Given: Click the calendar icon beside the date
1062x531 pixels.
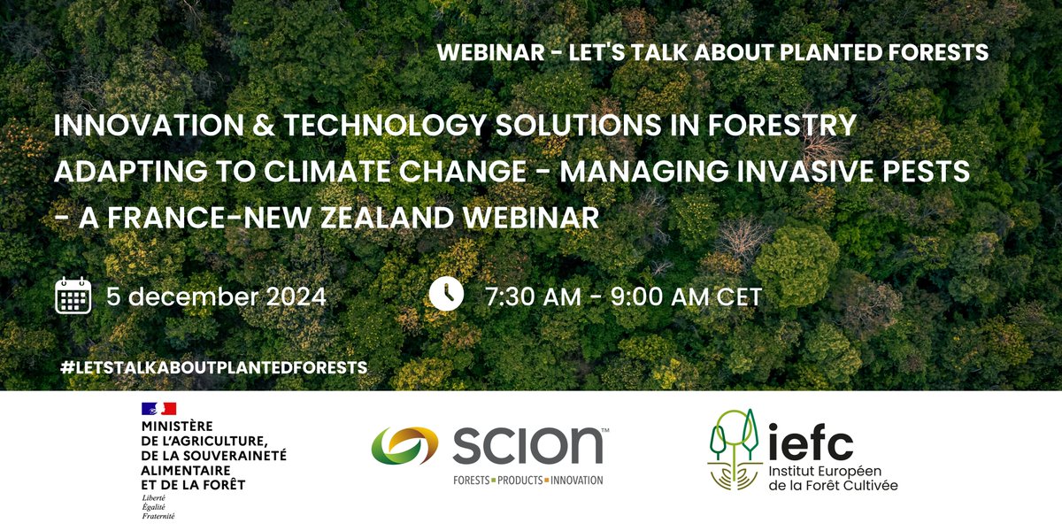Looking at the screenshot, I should (x=73, y=296).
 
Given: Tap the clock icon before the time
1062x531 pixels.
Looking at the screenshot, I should (x=446, y=295).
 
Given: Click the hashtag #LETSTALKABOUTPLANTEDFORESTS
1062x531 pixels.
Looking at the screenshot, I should (x=213, y=366).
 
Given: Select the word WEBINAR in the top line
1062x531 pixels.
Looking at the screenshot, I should (x=489, y=52).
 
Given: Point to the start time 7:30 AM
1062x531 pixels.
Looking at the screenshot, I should (x=533, y=296).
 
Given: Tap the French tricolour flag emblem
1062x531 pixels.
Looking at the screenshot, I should (x=158, y=408).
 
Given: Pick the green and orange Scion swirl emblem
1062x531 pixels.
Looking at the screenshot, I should (x=404, y=445).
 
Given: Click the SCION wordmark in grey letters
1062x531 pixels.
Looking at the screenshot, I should (x=527, y=445).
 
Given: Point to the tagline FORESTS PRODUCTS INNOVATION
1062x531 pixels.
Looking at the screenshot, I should (x=527, y=481).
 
